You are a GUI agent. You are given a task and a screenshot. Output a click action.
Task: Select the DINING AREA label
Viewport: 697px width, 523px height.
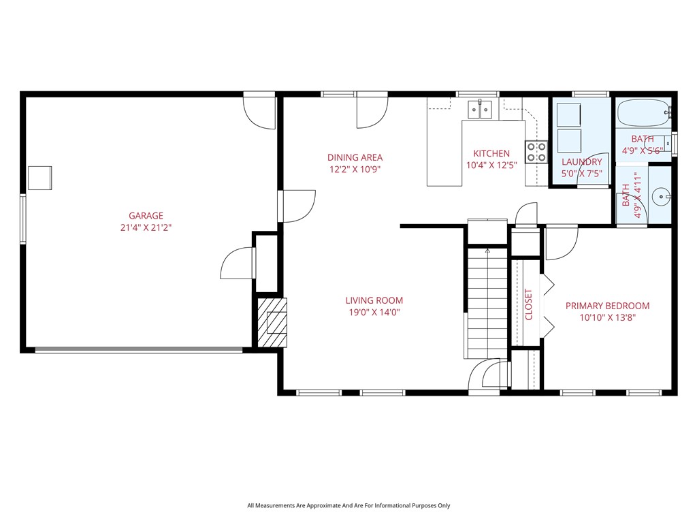coord(355,157)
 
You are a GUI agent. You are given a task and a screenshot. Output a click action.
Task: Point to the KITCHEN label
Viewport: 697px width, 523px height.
coord(491,153)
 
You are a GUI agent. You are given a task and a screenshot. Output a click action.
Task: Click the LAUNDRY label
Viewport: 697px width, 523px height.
coord(581,161)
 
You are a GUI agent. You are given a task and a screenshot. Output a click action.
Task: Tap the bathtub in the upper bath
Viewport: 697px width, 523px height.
coord(643,114)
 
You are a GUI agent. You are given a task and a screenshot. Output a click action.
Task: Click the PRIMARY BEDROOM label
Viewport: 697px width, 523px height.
coord(607,306)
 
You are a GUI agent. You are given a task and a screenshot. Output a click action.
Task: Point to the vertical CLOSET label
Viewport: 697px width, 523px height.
coord(529,304)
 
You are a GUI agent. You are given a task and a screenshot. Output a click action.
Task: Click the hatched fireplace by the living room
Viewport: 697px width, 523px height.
coord(272,322)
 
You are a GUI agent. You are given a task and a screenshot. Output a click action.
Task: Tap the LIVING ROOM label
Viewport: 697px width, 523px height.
coord(374,300)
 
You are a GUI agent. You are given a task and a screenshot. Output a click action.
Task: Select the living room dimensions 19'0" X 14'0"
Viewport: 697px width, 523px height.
coord(374,313)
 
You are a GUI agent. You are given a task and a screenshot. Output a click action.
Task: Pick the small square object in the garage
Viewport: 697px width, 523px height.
coord(39,178)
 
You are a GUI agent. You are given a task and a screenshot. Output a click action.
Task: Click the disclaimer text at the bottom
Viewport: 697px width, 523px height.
coord(348,505)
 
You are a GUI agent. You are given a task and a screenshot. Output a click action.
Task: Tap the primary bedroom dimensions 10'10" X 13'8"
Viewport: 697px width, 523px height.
coord(607,317)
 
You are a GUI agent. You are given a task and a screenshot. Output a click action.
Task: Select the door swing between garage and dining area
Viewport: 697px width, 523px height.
coord(298,206)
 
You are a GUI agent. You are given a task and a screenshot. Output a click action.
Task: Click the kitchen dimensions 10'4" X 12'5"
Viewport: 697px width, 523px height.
coord(491,165)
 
